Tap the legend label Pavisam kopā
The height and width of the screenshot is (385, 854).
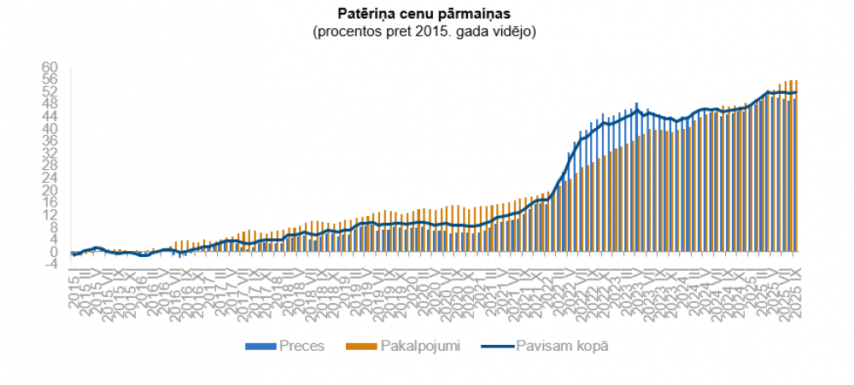pos(562,347)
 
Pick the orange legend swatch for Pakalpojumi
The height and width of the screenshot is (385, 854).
pos(355,347)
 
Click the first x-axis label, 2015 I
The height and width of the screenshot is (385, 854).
pos(74,290)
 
